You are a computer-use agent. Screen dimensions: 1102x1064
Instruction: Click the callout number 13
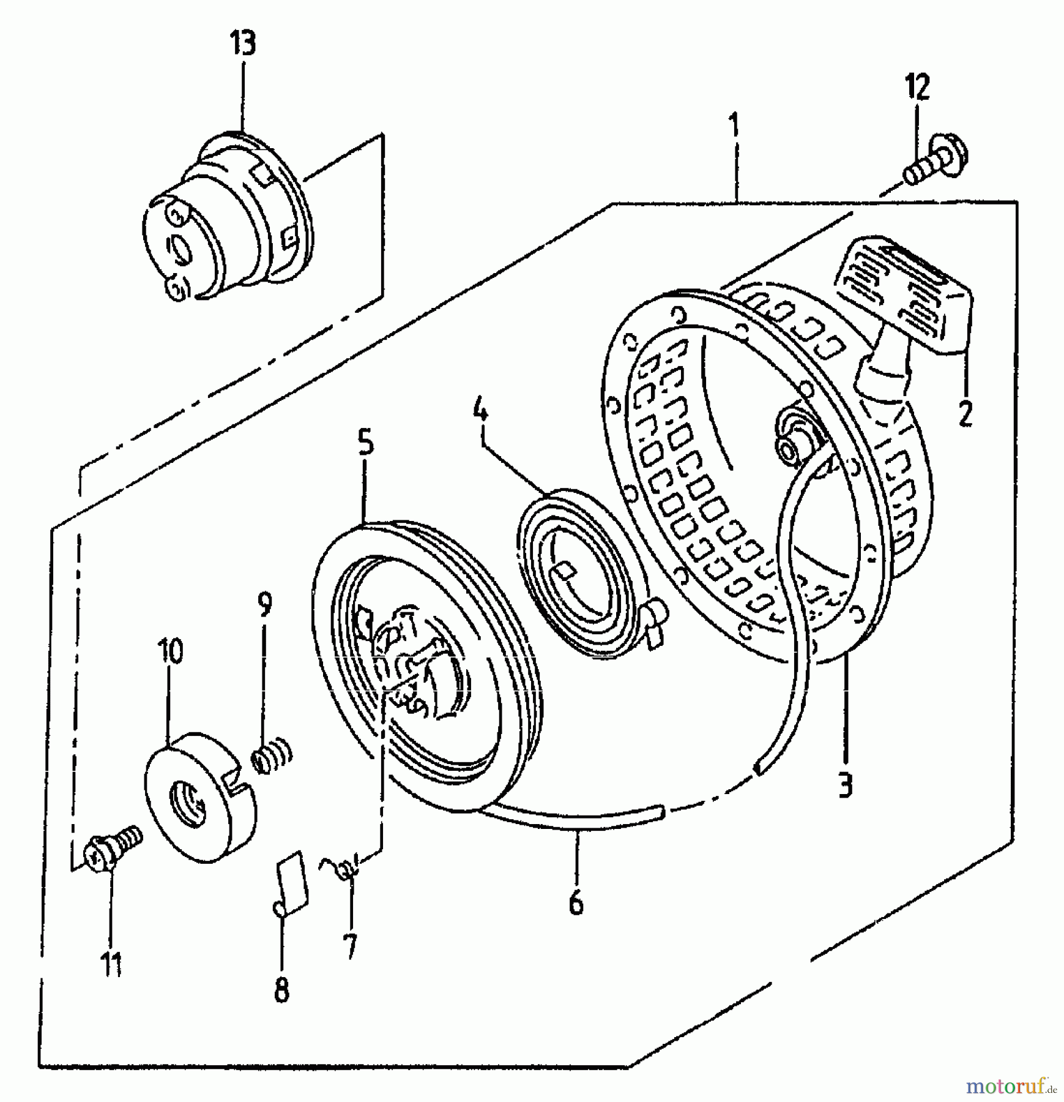(x=242, y=44)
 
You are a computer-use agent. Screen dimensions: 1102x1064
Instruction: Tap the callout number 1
(x=734, y=124)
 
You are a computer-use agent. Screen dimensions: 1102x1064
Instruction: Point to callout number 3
(x=845, y=784)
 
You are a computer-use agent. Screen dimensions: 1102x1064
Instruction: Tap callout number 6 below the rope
(x=576, y=902)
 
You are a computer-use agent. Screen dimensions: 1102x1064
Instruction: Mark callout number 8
(x=281, y=989)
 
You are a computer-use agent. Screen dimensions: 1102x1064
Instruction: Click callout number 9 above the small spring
(x=264, y=604)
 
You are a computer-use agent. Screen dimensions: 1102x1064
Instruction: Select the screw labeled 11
(x=114, y=845)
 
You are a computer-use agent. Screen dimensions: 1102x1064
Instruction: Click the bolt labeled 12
(x=935, y=162)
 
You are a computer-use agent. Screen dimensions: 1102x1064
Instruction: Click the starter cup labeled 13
(x=229, y=217)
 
